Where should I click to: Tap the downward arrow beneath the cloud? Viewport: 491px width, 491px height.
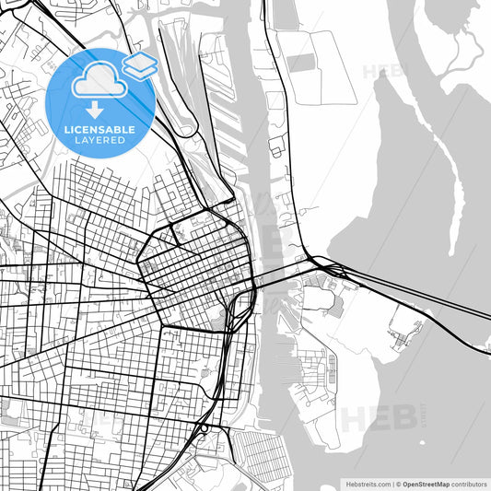(95, 111)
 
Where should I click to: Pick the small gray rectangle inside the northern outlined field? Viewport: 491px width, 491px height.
(301, 64)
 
